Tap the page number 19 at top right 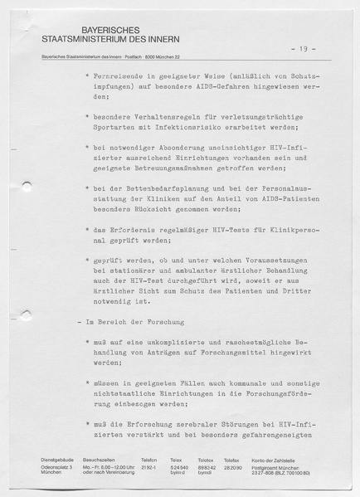pyautogui.click(x=308, y=49)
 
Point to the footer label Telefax pyautogui.click(x=231, y=460)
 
